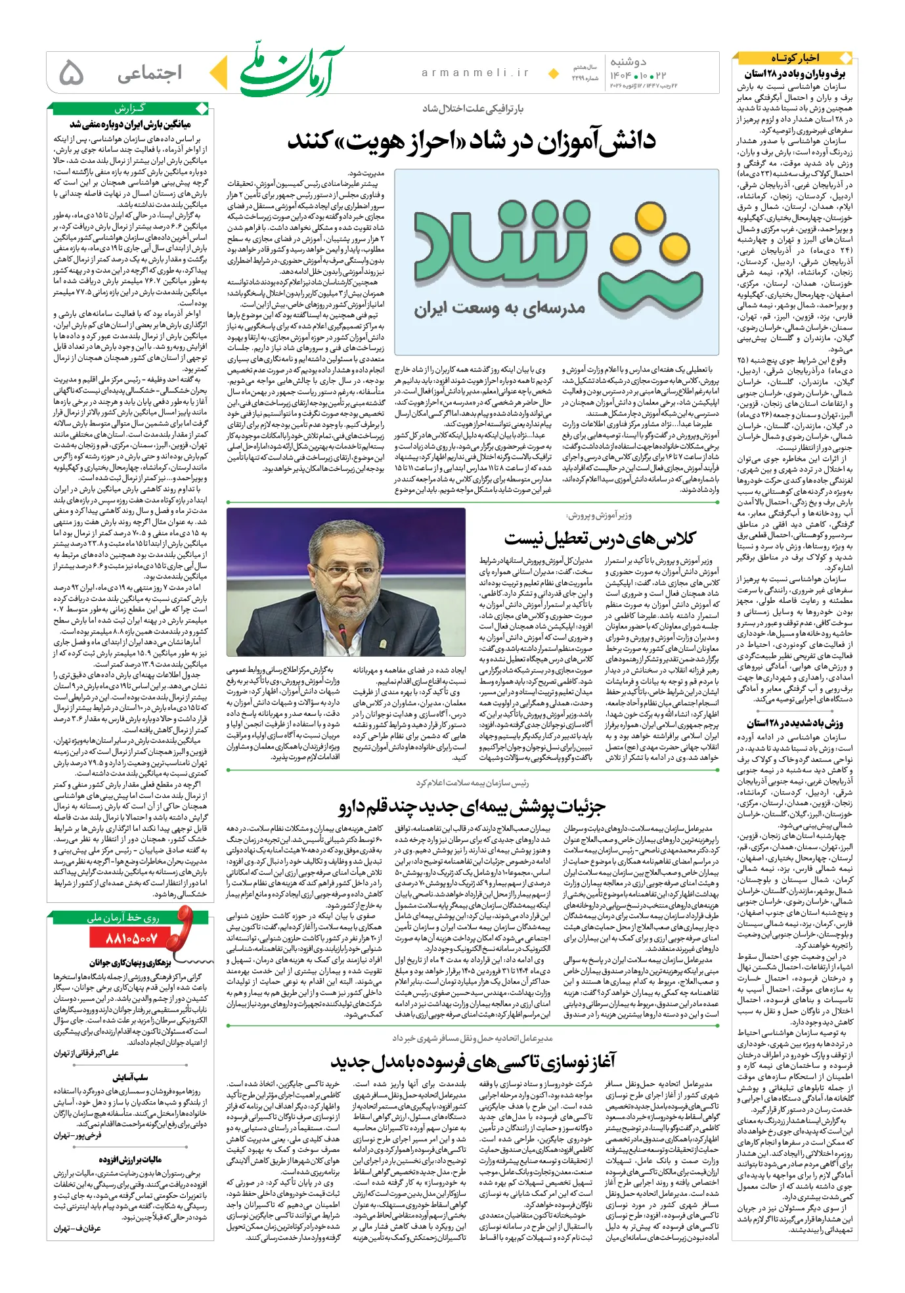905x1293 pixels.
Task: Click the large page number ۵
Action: [72, 73]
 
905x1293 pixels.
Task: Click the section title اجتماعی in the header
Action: [149, 73]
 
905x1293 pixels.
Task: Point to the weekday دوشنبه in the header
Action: [629, 62]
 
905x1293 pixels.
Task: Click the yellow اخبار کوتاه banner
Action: [795, 58]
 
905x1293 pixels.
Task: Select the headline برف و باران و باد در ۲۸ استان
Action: [795, 74]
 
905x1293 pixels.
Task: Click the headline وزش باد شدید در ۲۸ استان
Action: [795, 723]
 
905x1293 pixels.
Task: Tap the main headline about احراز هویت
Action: [471, 141]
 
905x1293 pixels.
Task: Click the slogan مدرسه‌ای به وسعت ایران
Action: [499, 309]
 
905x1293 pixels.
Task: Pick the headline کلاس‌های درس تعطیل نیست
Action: [600, 539]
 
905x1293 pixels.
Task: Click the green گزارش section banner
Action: [129, 108]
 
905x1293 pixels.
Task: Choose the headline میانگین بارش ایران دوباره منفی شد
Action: [130, 123]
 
